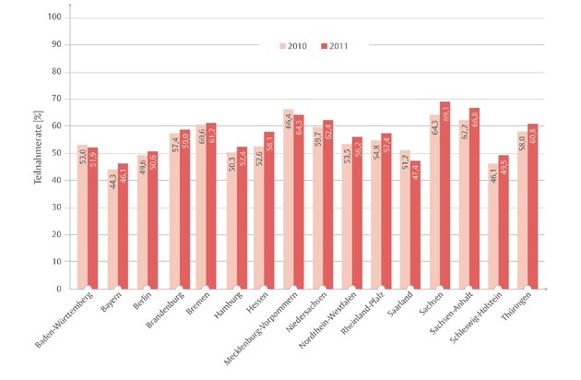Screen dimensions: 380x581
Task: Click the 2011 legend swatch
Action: [x=325, y=44]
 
